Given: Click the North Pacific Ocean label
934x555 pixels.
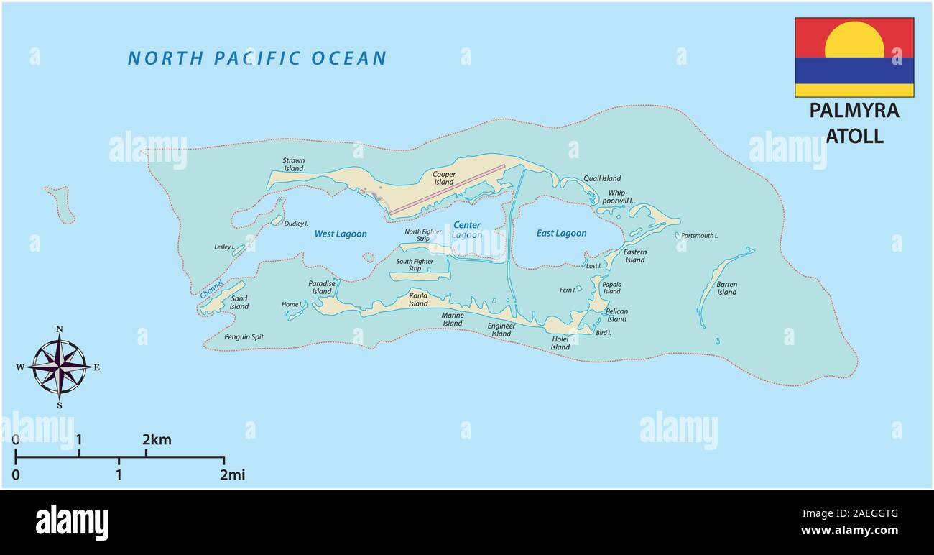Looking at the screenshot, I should [x=256, y=58].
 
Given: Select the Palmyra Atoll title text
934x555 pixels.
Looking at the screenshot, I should [x=854, y=123].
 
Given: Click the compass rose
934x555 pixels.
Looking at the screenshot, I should [x=60, y=367].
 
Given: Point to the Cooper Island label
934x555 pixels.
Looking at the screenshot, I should [x=444, y=178].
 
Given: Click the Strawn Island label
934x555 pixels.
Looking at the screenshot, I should [x=293, y=165].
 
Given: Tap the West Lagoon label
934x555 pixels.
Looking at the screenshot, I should [x=341, y=234].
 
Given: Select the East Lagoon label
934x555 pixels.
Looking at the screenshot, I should [x=561, y=233].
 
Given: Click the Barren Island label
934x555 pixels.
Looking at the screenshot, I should [x=726, y=288].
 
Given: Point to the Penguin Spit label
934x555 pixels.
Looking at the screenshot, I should [x=244, y=336].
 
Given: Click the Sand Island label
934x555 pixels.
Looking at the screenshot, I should [x=239, y=303].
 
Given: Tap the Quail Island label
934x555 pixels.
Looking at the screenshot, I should [x=602, y=178].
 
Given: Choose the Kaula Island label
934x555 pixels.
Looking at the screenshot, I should [x=418, y=299].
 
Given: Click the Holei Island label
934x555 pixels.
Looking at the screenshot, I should [x=560, y=343].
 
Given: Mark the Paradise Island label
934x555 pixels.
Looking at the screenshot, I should [x=322, y=288].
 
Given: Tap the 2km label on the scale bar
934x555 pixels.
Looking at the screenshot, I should [x=156, y=439].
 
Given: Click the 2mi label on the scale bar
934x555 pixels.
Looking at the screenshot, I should [x=232, y=474].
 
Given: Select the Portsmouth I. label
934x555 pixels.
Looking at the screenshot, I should [x=699, y=236].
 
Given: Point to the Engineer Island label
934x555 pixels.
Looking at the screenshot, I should [x=501, y=329].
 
